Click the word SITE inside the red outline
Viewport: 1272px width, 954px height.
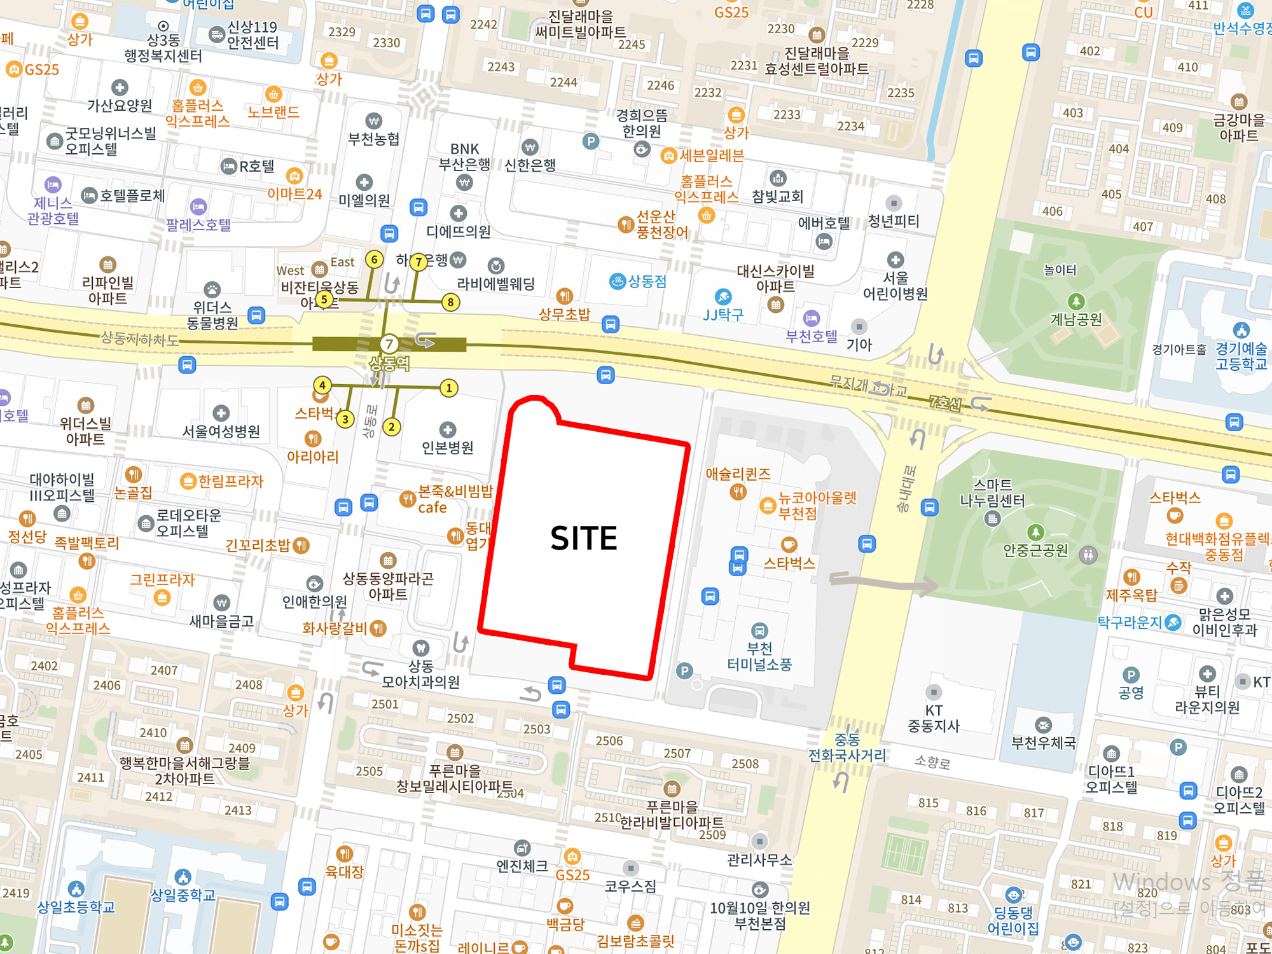click(x=583, y=538)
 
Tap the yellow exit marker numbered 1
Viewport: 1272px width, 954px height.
click(x=449, y=388)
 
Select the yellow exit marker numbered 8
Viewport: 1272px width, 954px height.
click(x=450, y=302)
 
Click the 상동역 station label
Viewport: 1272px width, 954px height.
click(x=389, y=364)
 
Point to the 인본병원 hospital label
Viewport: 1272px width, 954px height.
click(x=448, y=448)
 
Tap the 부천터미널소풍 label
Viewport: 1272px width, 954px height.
click(x=759, y=656)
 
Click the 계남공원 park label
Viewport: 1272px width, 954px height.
click(x=1075, y=319)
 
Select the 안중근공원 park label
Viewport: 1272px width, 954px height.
click(x=1035, y=550)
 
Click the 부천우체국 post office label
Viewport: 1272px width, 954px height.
click(x=1044, y=743)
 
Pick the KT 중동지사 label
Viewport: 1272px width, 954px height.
click(x=933, y=718)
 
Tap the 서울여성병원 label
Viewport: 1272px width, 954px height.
click(x=221, y=431)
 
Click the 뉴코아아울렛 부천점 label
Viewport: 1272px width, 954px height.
click(x=817, y=505)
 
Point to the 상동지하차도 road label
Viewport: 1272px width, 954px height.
click(x=139, y=339)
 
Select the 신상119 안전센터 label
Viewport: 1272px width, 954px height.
click(x=252, y=35)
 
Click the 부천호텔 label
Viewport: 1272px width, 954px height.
click(x=811, y=336)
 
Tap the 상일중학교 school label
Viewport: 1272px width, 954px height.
click(x=183, y=895)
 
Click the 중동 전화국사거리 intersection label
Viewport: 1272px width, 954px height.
click(x=847, y=748)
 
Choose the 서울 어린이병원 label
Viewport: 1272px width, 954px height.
click(x=895, y=286)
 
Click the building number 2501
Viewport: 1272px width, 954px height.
click(x=385, y=704)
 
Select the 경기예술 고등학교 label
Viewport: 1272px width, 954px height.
click(x=1241, y=356)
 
